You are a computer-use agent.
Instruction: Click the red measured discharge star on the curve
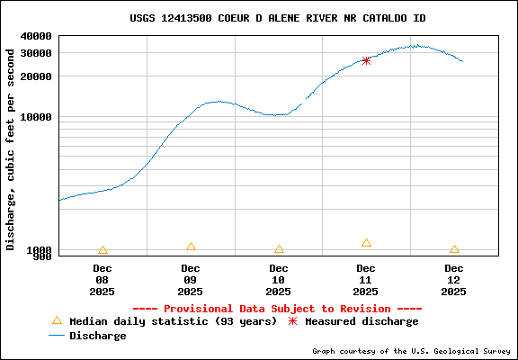[x=366, y=60]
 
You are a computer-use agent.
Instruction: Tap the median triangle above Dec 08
[x=103, y=250]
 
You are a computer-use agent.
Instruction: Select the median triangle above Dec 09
[x=191, y=247]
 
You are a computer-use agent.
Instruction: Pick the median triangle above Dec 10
[x=279, y=249]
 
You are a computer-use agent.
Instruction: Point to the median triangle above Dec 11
[x=366, y=243]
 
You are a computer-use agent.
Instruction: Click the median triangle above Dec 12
[x=454, y=249]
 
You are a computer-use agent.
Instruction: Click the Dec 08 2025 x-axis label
[x=103, y=279]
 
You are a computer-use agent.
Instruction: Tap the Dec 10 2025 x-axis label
[x=279, y=279]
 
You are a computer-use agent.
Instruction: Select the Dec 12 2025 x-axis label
[x=454, y=279]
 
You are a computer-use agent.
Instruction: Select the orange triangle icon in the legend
[x=57, y=320]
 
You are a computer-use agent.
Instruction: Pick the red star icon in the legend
[x=292, y=321]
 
